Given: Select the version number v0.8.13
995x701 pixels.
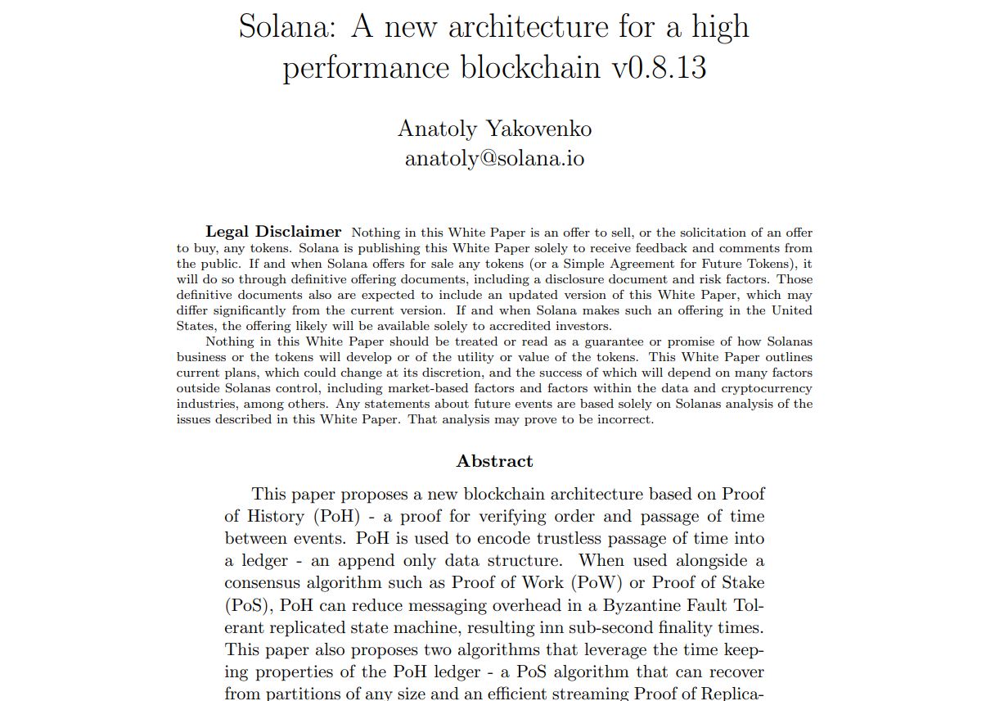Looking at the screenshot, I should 660,67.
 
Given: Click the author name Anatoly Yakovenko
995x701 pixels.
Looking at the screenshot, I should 494,129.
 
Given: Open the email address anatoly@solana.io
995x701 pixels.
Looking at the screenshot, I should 494,157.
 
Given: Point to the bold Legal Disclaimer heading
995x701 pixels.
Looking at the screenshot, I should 273,232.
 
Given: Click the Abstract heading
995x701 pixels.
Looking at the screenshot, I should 494,461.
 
